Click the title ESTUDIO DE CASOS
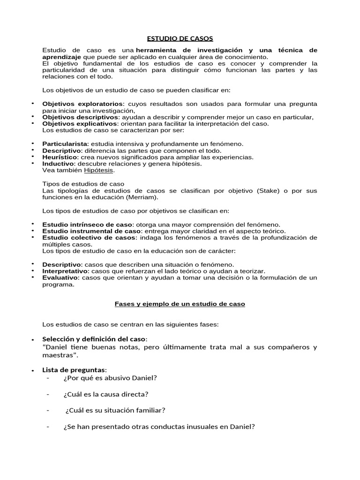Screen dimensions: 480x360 tap(180, 38)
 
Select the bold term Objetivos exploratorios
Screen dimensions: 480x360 tap(83, 104)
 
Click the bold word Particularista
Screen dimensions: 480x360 tap(65, 143)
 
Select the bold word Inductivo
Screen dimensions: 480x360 tap(58, 164)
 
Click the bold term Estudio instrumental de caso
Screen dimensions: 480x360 tap(91, 231)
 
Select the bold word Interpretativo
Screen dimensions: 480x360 tap(65, 271)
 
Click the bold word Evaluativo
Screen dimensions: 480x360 tap(60, 277)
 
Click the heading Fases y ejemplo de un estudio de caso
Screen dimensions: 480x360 tap(180, 304)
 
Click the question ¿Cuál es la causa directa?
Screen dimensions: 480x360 tap(105, 394)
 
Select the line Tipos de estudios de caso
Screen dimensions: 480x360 tap(83, 184)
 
